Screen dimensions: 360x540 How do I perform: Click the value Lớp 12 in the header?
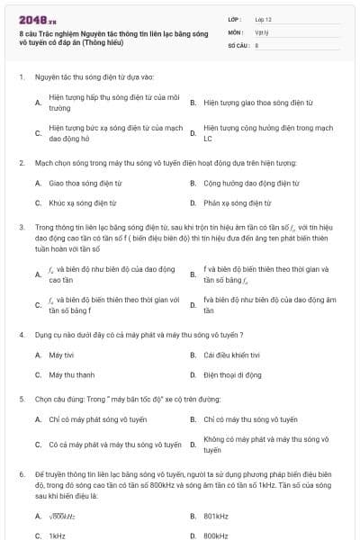[x=263, y=18]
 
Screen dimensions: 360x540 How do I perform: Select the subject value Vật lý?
[x=262, y=31]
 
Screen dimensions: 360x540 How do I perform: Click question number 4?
[x=21, y=334]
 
